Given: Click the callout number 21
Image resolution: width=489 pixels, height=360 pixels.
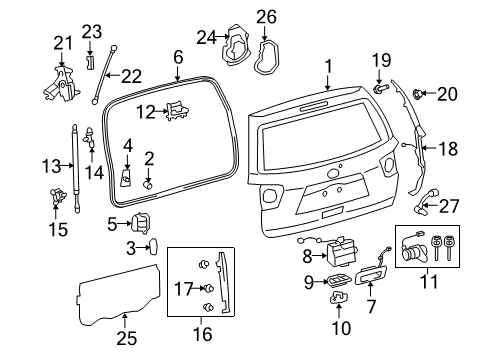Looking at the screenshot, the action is point(63,44).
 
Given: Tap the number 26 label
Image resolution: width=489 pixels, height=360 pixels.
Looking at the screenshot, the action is point(266,17).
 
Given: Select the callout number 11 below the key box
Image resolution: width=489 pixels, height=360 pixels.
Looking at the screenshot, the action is point(429,282).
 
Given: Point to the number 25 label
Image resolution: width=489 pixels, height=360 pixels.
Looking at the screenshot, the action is point(127,338).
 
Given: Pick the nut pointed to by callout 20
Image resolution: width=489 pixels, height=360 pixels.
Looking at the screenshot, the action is point(418,94).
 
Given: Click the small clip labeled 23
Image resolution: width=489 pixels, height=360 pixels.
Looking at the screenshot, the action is point(90,62).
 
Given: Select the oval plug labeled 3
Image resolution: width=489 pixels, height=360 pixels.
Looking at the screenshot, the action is point(153,246).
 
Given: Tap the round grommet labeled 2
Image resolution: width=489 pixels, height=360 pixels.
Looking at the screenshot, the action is point(148,184).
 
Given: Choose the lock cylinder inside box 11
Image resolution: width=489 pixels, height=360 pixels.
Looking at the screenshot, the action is point(413,251).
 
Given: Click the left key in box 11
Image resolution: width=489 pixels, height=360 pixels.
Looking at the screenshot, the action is point(436,247).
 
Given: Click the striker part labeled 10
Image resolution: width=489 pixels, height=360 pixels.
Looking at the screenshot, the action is point(338,297).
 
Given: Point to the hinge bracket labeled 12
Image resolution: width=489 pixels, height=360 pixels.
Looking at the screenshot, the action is point(177,111).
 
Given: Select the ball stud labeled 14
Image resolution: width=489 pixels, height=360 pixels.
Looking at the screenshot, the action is point(90,137).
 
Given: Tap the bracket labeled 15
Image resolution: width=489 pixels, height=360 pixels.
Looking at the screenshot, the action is point(57,195).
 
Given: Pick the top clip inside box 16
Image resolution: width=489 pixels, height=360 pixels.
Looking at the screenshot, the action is point(203,264).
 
